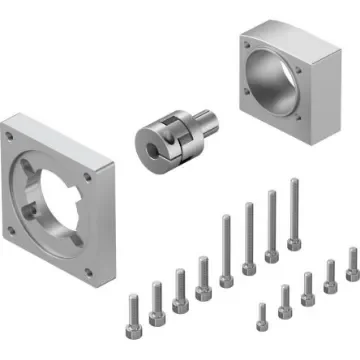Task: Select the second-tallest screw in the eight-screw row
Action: [271, 224]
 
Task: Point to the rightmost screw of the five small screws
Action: [352, 265]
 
